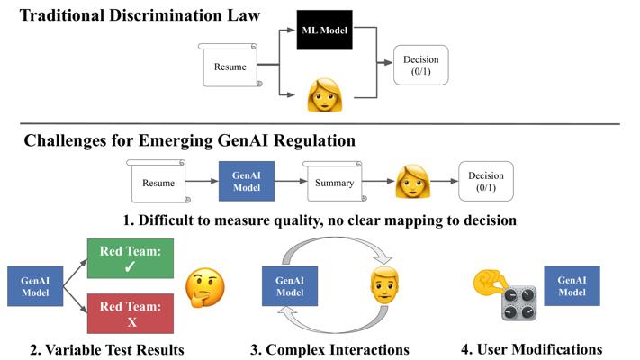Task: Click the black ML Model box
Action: coord(324,30)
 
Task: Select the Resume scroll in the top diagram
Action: coord(230,66)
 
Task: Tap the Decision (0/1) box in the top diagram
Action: coord(421,66)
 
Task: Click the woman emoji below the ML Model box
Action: coord(324,95)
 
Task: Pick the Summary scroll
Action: coord(334,182)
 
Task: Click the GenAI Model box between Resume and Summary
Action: coord(247,181)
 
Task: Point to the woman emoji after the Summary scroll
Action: coord(412,182)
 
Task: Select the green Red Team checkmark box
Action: coord(131,258)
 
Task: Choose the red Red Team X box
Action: coord(131,313)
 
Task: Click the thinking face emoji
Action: coord(205,287)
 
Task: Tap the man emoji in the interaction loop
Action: coord(384,285)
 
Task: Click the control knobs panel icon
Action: coord(518,303)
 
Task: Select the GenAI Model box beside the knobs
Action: coord(572,285)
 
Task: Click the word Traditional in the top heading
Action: coord(62,15)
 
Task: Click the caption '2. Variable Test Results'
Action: coord(107,350)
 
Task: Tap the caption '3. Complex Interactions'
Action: coord(329,350)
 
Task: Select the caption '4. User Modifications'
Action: coord(531,349)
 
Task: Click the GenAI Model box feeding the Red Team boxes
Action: coord(35,286)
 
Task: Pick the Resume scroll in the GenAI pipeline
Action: coord(158,182)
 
